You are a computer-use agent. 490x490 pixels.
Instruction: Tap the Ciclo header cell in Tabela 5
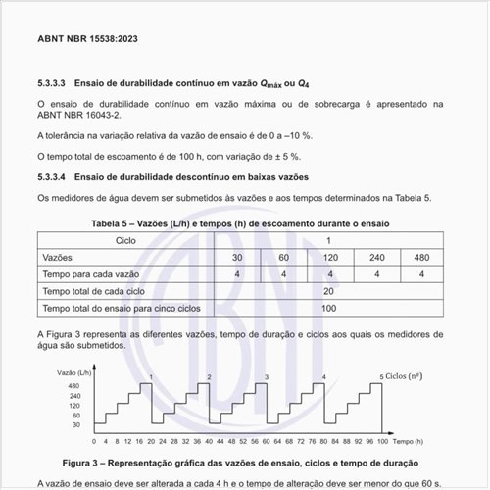point(125,239)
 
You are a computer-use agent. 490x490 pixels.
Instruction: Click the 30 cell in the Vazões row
point(236,257)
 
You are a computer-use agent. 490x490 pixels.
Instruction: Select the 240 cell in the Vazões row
point(375,257)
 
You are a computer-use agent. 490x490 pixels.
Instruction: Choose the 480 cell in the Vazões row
point(422,257)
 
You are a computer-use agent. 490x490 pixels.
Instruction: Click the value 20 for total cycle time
point(329,291)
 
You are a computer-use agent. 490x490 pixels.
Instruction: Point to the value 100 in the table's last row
point(329,309)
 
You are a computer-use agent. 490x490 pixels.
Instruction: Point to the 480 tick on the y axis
point(47,386)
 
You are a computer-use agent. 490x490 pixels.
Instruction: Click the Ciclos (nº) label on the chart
point(410,375)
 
